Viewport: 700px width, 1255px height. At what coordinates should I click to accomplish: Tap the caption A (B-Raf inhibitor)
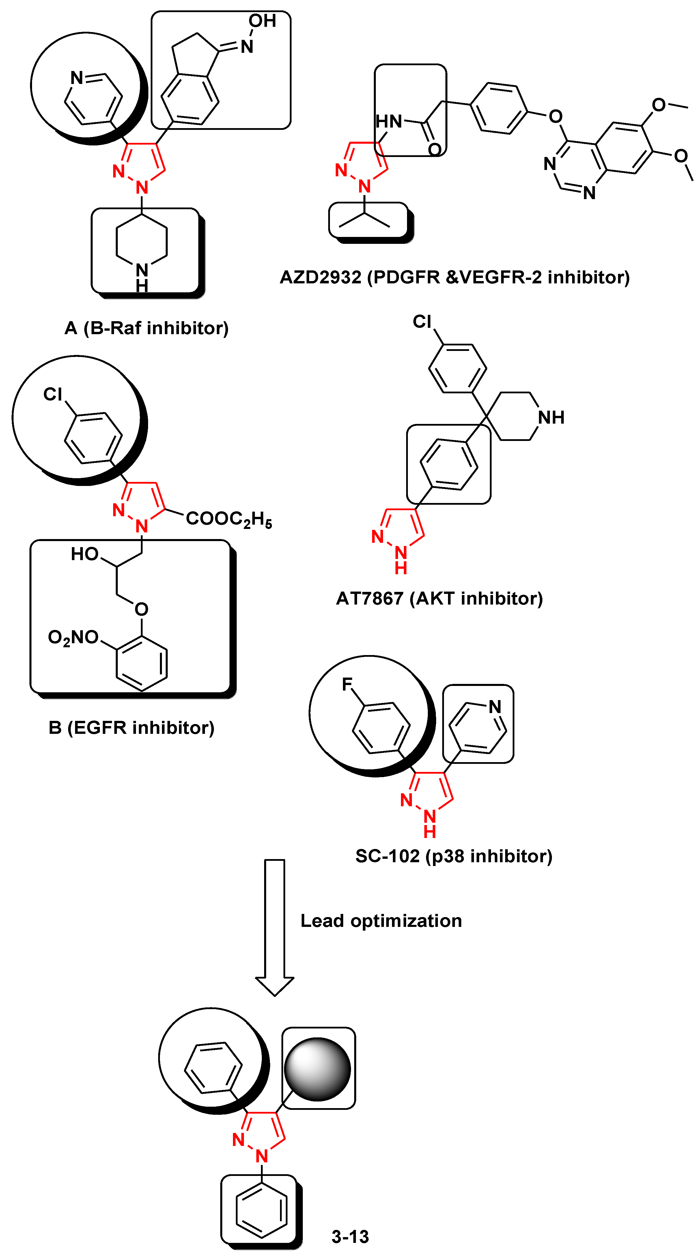pyautogui.click(x=146, y=328)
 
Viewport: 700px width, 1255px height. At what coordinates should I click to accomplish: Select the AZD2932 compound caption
pyautogui.click(x=454, y=277)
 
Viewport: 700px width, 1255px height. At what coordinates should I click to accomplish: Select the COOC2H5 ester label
pyautogui.click(x=229, y=519)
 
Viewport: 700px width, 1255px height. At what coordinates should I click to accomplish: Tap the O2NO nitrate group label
pyautogui.click(x=73, y=637)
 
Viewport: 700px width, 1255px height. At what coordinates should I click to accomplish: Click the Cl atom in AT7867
pyautogui.click(x=422, y=321)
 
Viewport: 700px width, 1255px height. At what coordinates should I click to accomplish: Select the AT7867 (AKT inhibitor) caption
pyautogui.click(x=439, y=598)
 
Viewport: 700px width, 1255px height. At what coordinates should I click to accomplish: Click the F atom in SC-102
pyautogui.click(x=347, y=684)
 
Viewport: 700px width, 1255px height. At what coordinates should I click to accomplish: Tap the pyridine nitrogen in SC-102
pyautogui.click(x=495, y=706)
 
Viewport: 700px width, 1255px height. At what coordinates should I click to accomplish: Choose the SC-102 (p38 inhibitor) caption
pyautogui.click(x=453, y=856)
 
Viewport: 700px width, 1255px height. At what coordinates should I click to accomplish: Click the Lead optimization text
pyautogui.click(x=381, y=921)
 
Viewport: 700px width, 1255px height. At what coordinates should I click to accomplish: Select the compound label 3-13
pyautogui.click(x=350, y=1237)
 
